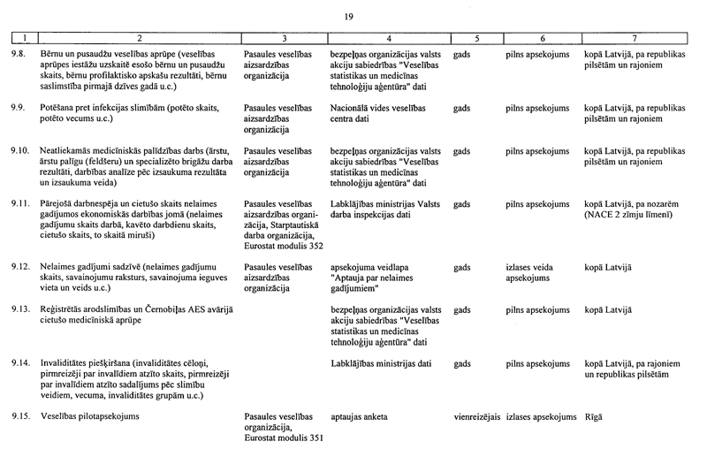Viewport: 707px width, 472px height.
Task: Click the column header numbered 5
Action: pos(476,39)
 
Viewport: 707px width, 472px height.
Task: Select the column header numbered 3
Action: pos(283,39)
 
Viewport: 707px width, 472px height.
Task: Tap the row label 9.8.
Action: pos(17,54)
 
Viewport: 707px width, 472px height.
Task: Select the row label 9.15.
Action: pos(19,415)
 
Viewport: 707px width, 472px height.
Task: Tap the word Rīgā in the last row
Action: pos(593,415)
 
